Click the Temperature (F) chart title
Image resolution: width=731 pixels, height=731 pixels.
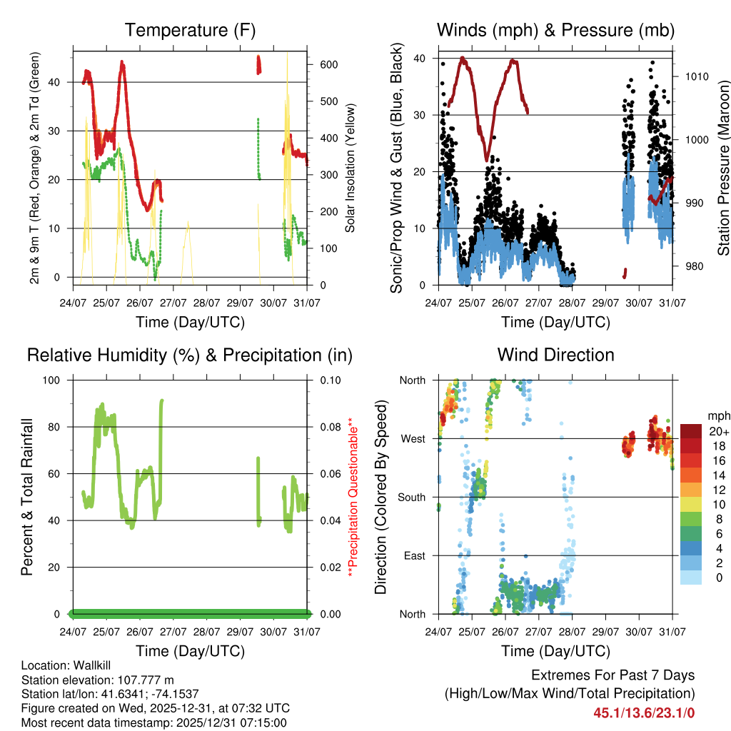[190, 30]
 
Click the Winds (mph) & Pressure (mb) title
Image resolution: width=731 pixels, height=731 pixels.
[555, 30]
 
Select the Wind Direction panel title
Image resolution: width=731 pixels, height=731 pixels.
[555, 355]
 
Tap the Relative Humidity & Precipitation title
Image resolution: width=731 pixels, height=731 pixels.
[190, 355]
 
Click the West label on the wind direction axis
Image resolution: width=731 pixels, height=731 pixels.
[413, 438]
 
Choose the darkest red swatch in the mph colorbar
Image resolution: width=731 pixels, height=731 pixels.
[691, 431]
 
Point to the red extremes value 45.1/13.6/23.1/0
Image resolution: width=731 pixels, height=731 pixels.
[644, 712]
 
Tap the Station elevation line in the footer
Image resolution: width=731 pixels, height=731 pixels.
[98, 680]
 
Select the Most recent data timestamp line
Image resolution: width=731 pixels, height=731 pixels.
[153, 722]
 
